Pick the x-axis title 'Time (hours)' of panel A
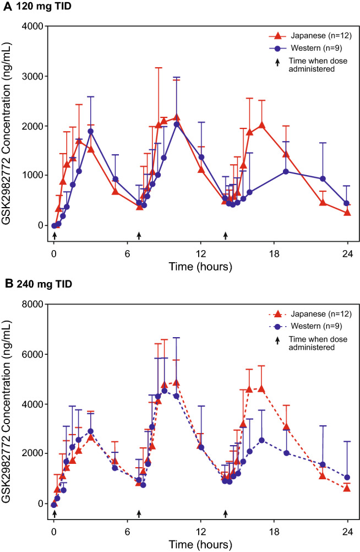[x=201, y=266]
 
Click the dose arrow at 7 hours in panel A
[x=139, y=235]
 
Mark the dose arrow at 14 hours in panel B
[x=225, y=513]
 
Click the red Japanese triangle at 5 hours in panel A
[x=115, y=191]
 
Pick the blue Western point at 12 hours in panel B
[x=201, y=447]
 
